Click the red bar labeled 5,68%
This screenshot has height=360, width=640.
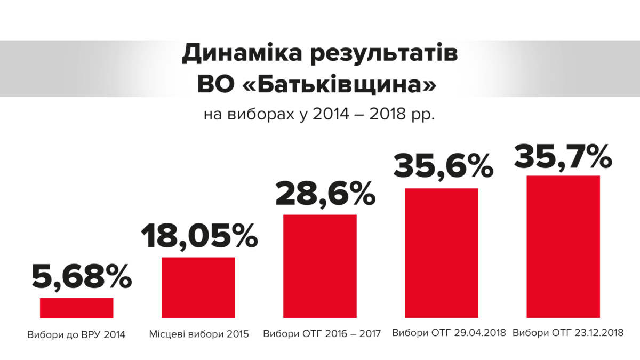tap(76, 308)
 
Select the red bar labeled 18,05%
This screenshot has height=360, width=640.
tap(198, 287)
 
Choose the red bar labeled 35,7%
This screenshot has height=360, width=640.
tap(563, 246)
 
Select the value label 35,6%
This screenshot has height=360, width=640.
tap(443, 166)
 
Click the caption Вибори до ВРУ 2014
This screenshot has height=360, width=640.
tap(76, 335)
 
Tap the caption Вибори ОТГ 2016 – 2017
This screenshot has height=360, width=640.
tap(322, 335)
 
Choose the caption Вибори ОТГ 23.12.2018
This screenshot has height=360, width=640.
tap(567, 333)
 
